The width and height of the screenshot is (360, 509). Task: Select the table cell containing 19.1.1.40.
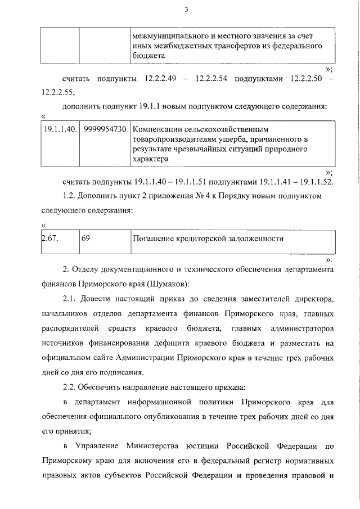[x=60, y=129]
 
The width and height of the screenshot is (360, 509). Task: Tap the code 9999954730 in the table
[x=105, y=129]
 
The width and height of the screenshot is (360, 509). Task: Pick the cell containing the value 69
[x=86, y=238]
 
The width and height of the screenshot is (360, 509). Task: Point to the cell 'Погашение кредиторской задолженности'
[x=208, y=238]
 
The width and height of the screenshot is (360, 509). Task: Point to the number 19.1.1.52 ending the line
[x=313, y=182]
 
